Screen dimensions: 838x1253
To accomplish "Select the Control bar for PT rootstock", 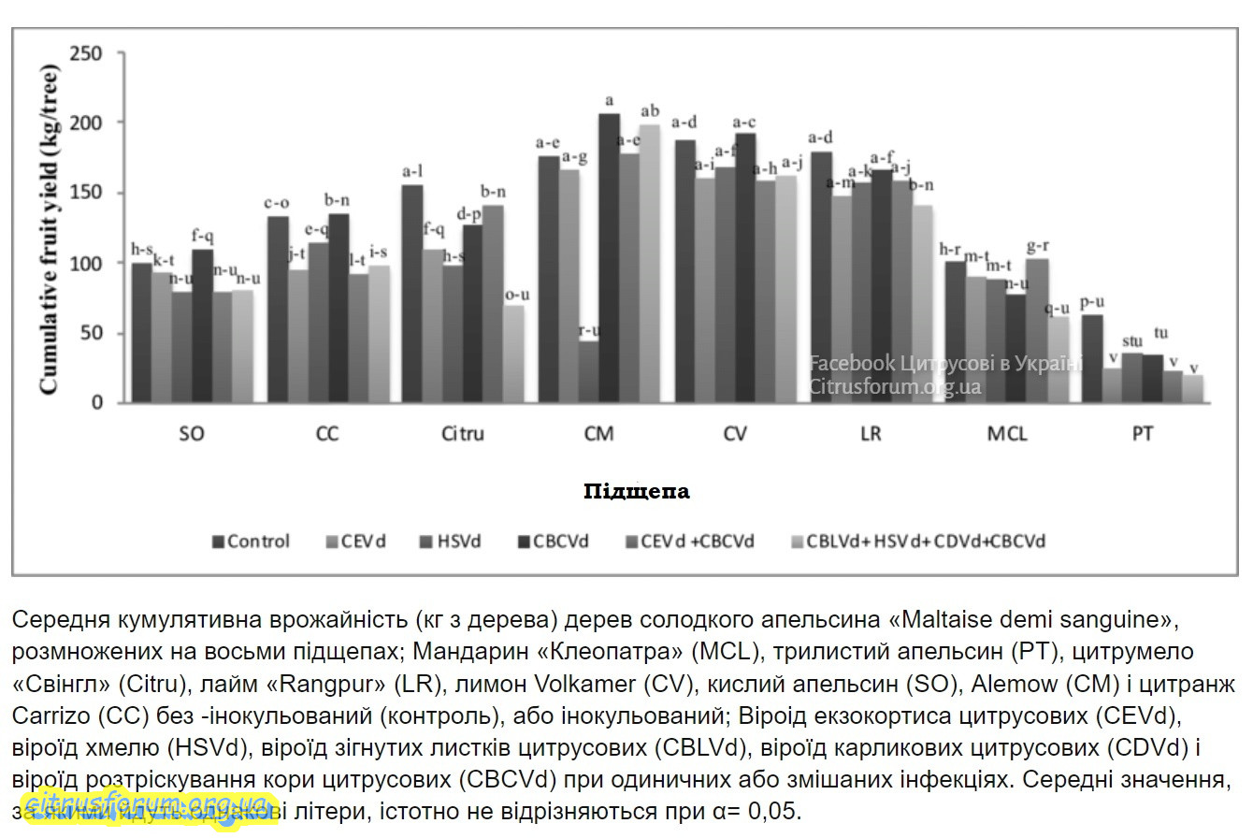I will click(1092, 359).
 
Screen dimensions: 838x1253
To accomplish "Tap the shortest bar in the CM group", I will click(588, 371).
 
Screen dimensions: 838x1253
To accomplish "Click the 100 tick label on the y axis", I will click(89, 263).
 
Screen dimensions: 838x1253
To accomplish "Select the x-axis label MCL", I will click(1006, 435).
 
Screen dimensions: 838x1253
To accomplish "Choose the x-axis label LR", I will click(871, 435).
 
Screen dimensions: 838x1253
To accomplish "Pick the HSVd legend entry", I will click(454, 542).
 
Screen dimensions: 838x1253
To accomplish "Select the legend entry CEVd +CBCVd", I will click(697, 542).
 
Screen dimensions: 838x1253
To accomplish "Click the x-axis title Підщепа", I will click(636, 491).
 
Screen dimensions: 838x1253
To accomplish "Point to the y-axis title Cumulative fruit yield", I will click(49, 228).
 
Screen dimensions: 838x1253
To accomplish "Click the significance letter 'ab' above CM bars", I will click(649, 110).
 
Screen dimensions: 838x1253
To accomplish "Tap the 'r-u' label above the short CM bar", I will click(589, 330).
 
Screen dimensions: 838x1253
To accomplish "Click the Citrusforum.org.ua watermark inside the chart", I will click(895, 386).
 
